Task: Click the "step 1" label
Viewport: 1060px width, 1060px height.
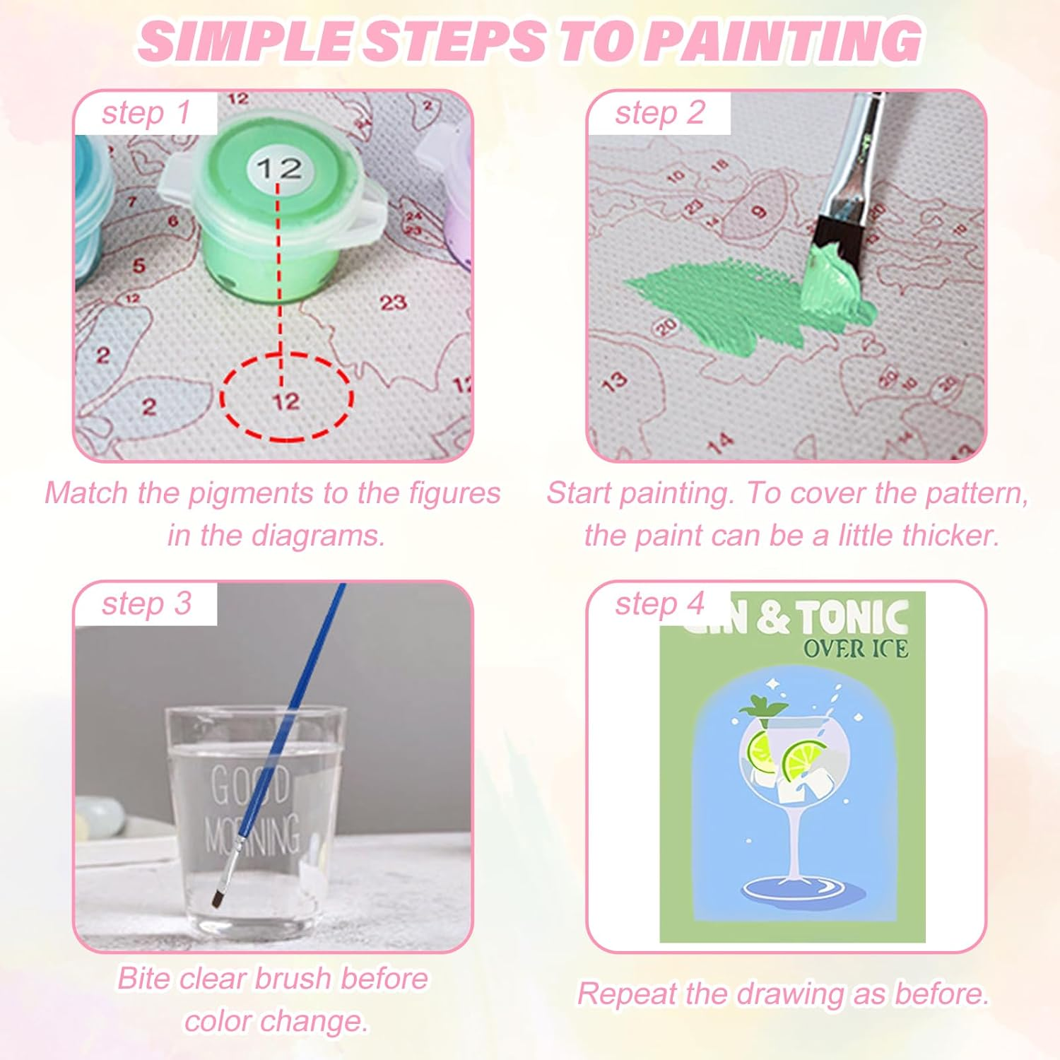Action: [146, 113]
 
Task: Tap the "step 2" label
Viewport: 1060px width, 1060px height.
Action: [659, 113]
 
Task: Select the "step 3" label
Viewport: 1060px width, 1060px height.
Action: [146, 603]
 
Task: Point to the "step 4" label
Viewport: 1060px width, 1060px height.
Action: [659, 603]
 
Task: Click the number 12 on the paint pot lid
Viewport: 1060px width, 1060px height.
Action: [279, 168]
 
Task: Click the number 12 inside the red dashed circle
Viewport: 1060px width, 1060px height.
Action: [286, 401]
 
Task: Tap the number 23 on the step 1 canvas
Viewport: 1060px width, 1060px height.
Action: [393, 302]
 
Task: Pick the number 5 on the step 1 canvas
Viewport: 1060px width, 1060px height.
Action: [139, 266]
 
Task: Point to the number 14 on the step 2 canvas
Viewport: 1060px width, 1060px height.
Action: [719, 444]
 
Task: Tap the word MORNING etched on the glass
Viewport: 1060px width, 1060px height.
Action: [252, 834]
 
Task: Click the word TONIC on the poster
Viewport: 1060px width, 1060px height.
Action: [854, 618]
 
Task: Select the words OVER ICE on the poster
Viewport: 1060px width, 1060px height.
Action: [855, 648]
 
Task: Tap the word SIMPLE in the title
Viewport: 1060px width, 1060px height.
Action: [244, 41]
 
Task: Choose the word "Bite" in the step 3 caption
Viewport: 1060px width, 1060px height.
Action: [144, 979]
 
